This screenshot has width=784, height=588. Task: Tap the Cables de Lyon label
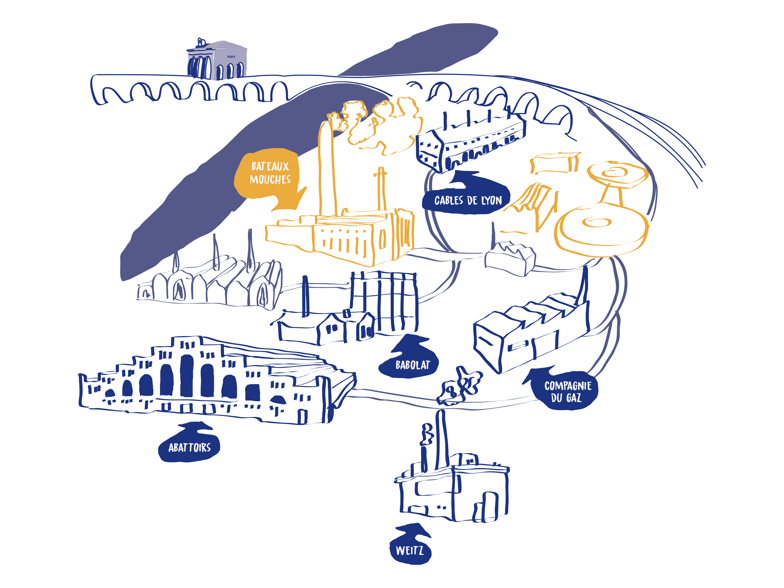coord(467,200)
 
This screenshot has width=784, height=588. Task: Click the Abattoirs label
coord(189,447)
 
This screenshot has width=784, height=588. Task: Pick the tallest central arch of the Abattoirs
coord(187,376)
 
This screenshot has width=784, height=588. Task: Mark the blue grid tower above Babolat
coord(385,301)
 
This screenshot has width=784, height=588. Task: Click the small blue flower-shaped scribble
coord(459,386)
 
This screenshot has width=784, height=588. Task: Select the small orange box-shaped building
coord(555,163)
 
